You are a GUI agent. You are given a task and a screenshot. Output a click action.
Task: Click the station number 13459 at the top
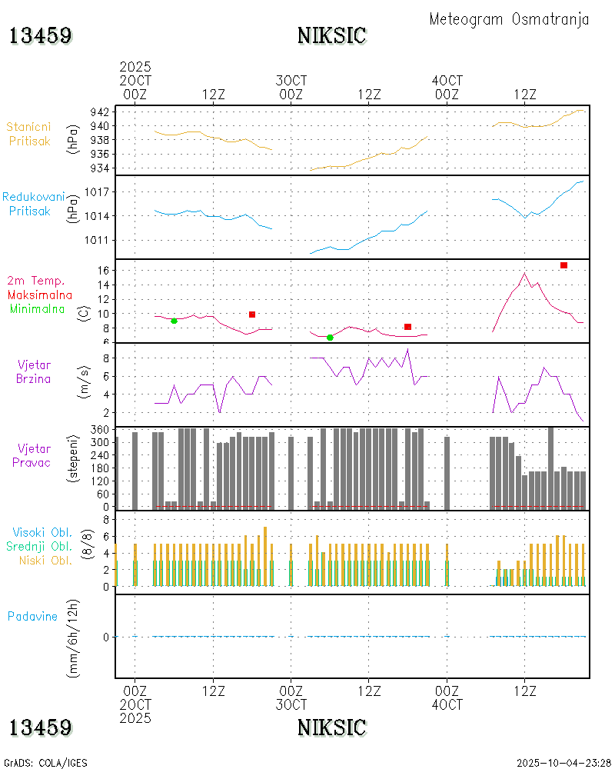41,35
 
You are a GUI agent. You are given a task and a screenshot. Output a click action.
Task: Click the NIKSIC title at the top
332,35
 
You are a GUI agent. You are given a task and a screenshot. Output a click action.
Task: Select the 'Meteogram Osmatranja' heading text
509,19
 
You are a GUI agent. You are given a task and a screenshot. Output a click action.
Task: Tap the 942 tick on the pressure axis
101,112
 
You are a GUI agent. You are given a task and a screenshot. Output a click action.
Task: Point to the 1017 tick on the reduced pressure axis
98,191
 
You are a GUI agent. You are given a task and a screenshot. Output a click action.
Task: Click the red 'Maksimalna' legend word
40,295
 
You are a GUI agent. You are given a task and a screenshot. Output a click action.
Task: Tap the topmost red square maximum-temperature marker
563,265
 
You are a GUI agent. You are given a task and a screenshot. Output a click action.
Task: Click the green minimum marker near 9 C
174,321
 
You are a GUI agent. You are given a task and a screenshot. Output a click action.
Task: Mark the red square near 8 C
407,327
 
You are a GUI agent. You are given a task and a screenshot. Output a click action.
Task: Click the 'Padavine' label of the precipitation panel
32,616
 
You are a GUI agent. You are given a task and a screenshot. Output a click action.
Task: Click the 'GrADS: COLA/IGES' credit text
45,763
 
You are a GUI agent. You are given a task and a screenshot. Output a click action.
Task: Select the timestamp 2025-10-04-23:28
563,763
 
